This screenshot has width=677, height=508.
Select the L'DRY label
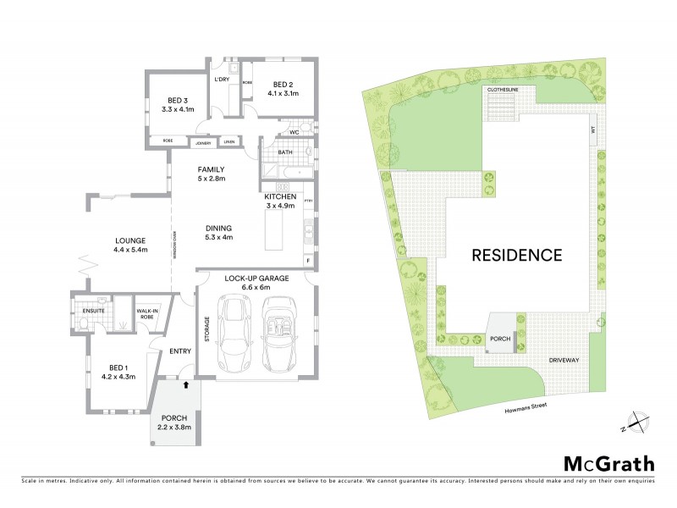[x=223, y=80]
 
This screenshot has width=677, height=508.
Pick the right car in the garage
[x=279, y=334]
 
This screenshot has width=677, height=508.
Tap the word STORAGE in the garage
[x=206, y=329]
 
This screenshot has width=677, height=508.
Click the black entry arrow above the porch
[x=185, y=384]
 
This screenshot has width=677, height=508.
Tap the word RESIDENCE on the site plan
[x=516, y=254]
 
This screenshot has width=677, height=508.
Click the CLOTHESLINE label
[x=502, y=88]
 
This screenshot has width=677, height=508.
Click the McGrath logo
[x=608, y=462]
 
